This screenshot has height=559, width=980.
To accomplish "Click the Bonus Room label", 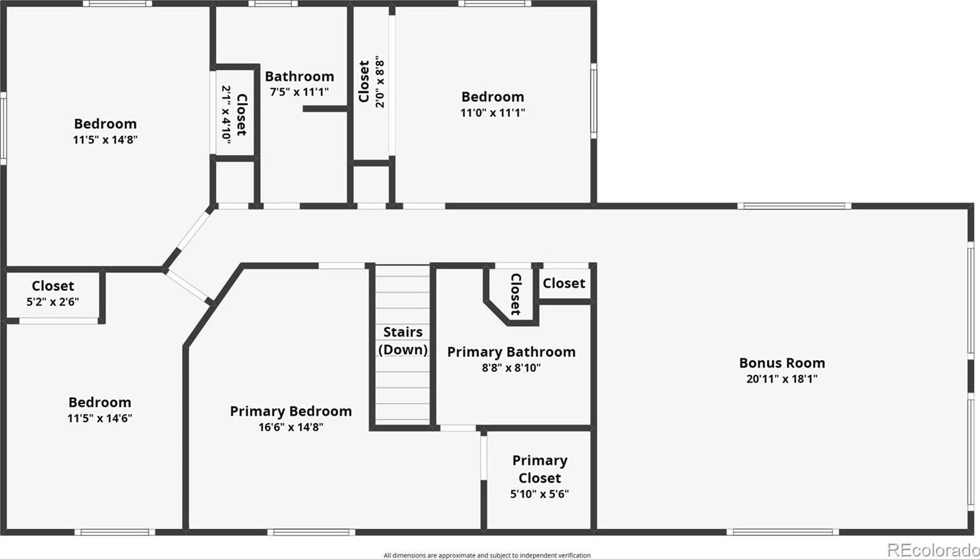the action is click(782, 363).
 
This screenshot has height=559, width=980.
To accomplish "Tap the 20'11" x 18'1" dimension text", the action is click(782, 379).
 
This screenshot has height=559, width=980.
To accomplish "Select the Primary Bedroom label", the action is click(291, 411).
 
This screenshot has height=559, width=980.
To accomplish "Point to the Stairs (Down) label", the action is click(403, 341).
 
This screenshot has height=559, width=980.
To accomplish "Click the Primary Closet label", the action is click(540, 469).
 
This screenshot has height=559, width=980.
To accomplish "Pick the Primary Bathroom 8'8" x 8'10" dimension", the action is click(512, 368).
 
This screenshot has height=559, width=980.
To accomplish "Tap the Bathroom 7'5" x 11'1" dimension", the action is click(299, 93).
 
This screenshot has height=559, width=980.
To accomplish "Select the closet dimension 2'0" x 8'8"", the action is click(380, 84).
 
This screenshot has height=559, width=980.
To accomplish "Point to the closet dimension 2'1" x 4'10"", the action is click(226, 114).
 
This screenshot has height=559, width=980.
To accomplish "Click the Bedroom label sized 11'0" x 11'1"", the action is click(493, 97).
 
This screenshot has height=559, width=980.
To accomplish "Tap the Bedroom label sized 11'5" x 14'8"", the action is click(105, 124).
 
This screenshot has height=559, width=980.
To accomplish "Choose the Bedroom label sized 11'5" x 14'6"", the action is click(99, 403).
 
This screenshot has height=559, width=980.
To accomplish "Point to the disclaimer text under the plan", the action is click(487, 555).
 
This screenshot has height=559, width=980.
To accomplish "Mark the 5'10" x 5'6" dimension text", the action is click(540, 494).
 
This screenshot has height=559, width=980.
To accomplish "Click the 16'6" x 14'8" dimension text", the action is click(291, 427).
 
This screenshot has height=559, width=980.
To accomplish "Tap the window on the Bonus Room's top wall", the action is click(794, 206).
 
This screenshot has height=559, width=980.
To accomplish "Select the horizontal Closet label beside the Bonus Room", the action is click(564, 283).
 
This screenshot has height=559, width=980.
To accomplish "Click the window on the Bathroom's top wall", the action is click(273, 4).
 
